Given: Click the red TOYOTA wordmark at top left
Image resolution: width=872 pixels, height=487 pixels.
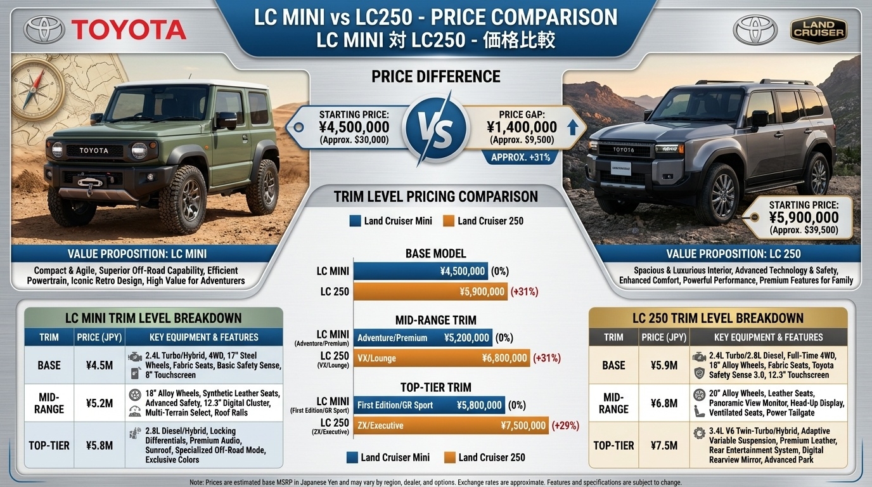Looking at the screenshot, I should point(128,30).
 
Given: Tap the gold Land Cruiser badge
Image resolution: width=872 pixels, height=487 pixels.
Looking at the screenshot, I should point(818,29).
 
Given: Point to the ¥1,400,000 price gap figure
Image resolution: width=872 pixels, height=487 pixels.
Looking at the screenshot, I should point(522,127).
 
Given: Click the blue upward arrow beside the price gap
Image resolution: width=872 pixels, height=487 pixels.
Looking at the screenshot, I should point(572,127).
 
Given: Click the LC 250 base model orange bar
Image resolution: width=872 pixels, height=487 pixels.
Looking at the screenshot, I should point(430,292).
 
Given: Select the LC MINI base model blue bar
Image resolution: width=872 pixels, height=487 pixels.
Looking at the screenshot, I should point(420,271).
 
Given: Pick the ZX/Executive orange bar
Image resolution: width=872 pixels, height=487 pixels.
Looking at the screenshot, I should point(451,425).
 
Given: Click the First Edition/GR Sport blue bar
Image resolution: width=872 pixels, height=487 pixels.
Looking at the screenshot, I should point(429,405).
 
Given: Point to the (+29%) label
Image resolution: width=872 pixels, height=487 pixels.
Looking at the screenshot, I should point(565,425).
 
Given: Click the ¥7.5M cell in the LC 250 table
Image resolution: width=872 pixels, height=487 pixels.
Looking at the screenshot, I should point(664,445).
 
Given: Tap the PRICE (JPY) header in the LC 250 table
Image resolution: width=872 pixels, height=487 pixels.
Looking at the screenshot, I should point(664,337).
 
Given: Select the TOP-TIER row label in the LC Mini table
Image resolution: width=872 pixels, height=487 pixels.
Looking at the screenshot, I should point(49,445).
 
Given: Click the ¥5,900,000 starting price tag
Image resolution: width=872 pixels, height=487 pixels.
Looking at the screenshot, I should point(803,218).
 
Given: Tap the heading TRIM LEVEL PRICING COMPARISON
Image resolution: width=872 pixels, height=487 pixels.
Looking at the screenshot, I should point(435,197).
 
